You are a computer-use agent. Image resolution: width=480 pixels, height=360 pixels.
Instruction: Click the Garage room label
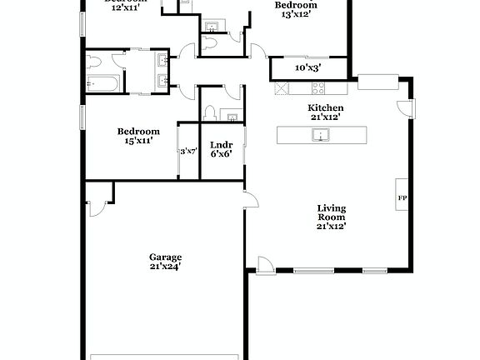click(x=165, y=257)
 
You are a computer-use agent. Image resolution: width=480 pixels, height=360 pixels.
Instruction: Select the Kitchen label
click(x=326, y=108)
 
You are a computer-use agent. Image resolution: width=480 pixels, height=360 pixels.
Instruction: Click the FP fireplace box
click(x=402, y=198)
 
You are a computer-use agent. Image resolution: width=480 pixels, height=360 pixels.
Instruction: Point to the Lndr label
click(x=221, y=145)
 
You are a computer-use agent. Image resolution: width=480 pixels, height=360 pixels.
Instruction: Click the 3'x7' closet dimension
click(x=188, y=152)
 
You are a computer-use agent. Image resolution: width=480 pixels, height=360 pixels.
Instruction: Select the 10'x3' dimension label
click(x=308, y=68)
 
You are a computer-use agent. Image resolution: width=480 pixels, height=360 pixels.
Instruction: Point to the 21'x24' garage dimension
click(x=165, y=267)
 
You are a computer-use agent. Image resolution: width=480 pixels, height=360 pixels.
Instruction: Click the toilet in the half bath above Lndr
click(x=212, y=113)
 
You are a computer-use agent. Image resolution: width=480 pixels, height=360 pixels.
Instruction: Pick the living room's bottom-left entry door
click(x=264, y=265)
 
